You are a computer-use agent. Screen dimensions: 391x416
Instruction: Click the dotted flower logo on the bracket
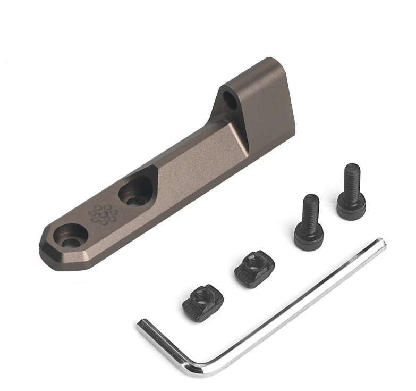click(x=103, y=214)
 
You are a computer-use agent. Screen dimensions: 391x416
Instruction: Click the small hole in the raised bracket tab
click(x=230, y=100)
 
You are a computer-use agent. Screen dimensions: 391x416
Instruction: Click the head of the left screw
click(x=309, y=235)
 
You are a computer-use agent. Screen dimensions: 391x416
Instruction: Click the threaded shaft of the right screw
click(x=352, y=178)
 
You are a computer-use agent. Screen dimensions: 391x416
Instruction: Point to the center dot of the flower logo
click(x=103, y=214)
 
